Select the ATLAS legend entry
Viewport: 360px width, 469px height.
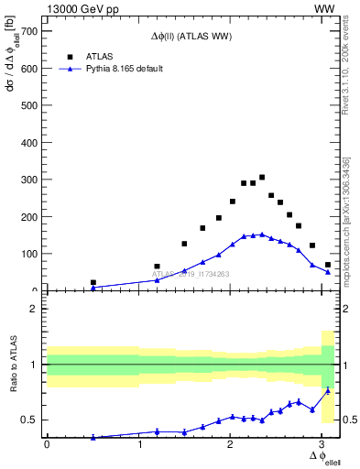(99, 56)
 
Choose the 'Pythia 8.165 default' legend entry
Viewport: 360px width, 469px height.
(124, 69)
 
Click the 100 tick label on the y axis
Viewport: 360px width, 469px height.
(30, 254)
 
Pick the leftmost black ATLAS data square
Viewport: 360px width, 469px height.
(93, 282)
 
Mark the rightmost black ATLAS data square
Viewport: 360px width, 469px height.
(328, 265)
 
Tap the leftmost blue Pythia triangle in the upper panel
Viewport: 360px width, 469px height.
(93, 288)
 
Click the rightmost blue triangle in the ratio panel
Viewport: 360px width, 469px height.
(328, 390)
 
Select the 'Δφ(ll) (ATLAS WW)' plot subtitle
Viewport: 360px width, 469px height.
(191, 37)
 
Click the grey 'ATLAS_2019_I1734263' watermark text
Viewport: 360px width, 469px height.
(191, 274)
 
